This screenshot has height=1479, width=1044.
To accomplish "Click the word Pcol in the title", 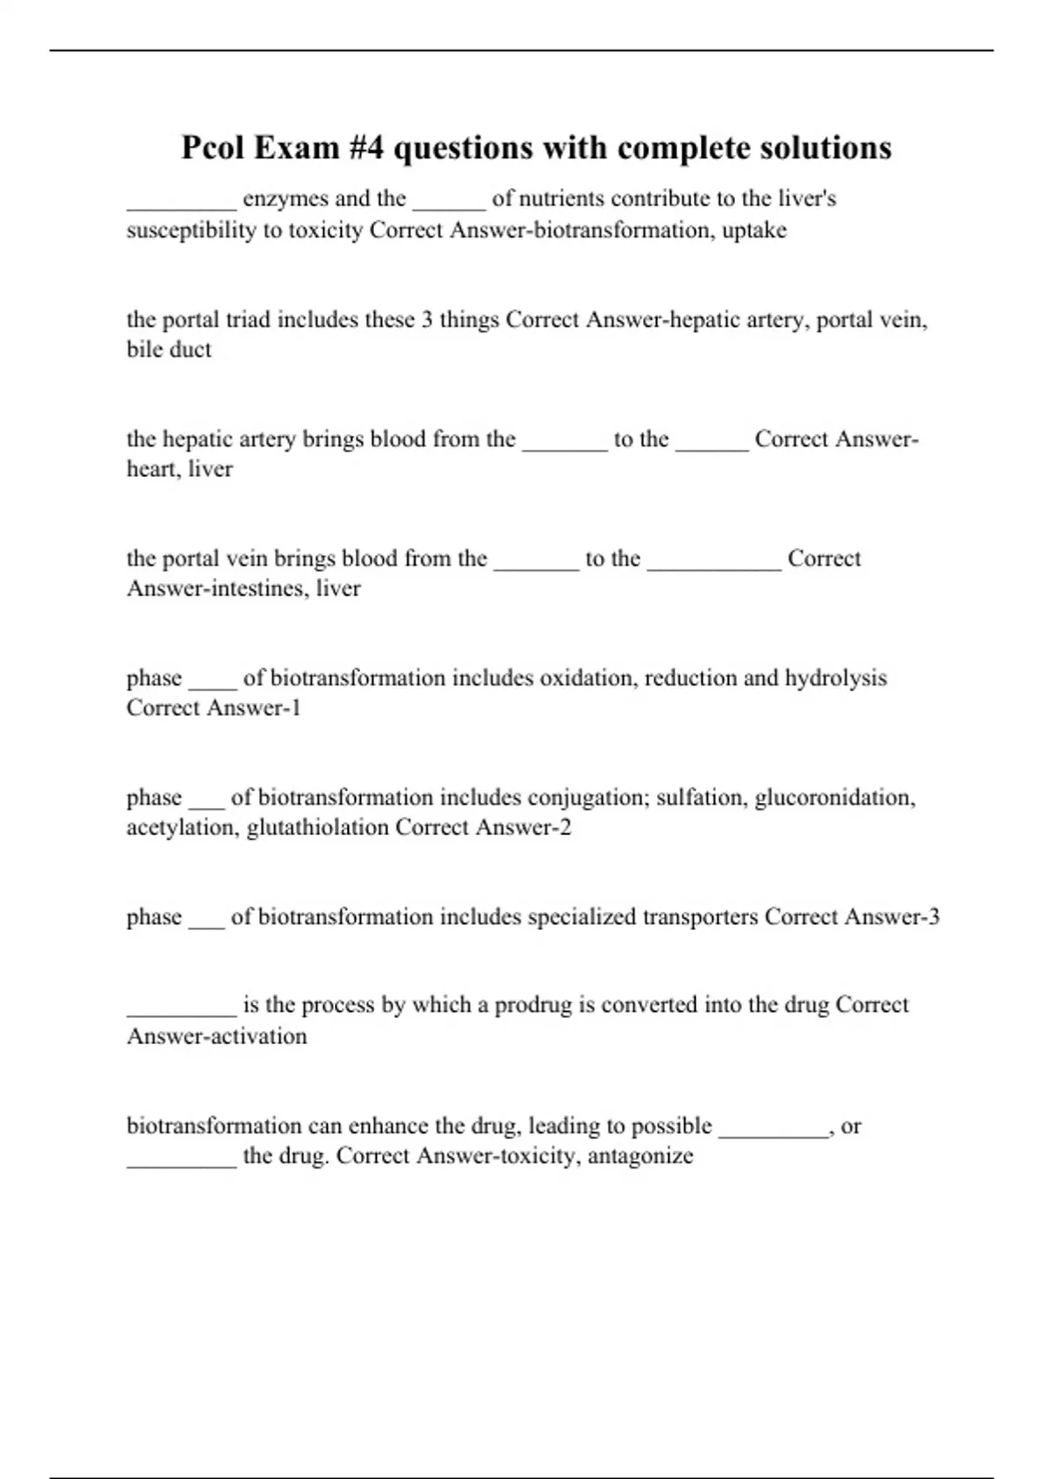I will pos(212,148).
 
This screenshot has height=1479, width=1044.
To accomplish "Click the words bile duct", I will pos(169,350).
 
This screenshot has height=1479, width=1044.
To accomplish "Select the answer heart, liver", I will pos(179,469).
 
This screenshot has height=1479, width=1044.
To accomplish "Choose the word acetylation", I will pos(183,827).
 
